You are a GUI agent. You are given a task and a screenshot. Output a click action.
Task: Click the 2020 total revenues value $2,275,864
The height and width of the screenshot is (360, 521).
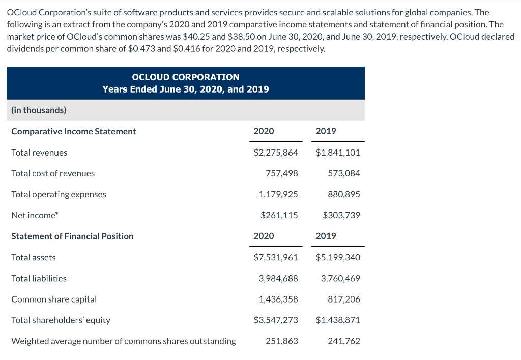tap(276, 153)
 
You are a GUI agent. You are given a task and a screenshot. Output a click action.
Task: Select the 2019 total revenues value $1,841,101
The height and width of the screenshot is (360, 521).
tap(338, 153)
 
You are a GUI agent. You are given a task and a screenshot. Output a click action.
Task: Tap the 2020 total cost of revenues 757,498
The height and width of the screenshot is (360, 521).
tap(282, 173)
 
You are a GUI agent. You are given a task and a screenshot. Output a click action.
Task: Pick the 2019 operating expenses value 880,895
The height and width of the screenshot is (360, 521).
tap(344, 194)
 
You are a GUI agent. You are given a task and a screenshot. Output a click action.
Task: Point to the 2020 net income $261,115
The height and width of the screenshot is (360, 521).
tap(279, 215)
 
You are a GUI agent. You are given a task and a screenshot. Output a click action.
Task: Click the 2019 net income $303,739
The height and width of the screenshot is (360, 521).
tap(341, 215)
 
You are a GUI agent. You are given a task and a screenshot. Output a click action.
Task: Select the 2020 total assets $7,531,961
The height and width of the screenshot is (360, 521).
tap(276, 257)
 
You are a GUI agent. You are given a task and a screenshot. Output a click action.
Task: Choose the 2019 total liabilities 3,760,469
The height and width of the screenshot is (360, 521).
tap(340, 278)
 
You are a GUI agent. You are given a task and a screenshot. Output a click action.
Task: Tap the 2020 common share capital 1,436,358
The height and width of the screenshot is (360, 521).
tap(278, 299)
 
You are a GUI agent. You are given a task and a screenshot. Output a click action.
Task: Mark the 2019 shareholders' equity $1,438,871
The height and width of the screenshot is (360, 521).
tap(338, 320)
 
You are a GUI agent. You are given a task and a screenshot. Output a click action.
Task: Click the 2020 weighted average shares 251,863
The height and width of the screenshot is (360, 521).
tap(282, 341)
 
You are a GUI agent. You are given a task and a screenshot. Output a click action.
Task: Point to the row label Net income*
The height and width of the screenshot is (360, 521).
tap(35, 215)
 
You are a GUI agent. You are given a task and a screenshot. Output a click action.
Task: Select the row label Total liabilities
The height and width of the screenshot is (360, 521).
tap(39, 278)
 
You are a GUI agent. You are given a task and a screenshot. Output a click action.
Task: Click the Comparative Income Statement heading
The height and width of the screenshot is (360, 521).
tap(74, 131)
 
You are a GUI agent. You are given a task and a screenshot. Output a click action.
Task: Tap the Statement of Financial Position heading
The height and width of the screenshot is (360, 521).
tap(72, 236)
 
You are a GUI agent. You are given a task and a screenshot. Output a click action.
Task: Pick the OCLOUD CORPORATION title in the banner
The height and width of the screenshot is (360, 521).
tap(185, 77)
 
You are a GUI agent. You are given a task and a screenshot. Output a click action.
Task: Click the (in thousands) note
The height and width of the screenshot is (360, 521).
tap(39, 110)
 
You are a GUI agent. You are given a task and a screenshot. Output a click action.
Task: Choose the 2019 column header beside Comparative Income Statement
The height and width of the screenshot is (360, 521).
tap(326, 131)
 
